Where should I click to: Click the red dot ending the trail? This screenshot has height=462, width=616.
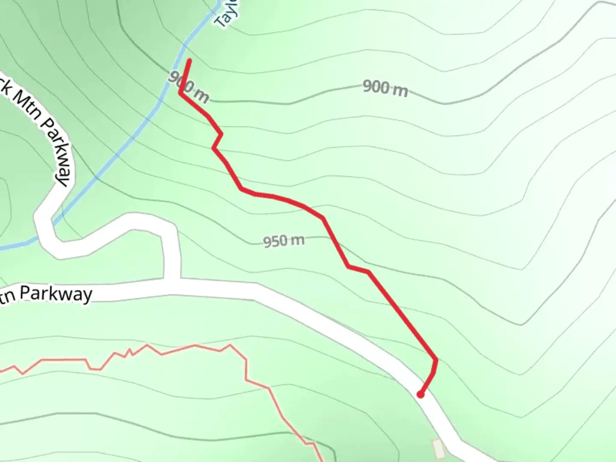click(421, 394)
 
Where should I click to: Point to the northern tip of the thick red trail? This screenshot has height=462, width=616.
click(190, 61)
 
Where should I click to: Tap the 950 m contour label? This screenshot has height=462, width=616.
click(284, 241)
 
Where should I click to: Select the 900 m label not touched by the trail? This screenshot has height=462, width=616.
click(385, 88)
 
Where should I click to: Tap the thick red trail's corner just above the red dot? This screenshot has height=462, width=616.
click(436, 360)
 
